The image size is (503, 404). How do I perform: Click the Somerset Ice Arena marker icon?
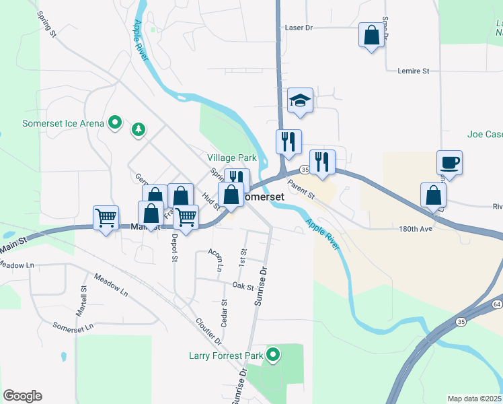[115, 123]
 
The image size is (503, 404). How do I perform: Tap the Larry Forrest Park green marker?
[273, 354]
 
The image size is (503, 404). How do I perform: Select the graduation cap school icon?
[301, 101]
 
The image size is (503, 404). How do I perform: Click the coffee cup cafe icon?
[449, 163]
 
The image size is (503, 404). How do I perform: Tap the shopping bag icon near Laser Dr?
[371, 35]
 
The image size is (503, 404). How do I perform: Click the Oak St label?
[243, 286]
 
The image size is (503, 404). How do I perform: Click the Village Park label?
[232, 158]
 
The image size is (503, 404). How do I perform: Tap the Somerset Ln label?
[72, 326]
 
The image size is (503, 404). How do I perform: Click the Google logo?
[22, 396]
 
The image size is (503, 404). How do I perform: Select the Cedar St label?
[225, 311]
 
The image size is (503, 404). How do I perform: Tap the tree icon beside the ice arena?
[139, 129]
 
